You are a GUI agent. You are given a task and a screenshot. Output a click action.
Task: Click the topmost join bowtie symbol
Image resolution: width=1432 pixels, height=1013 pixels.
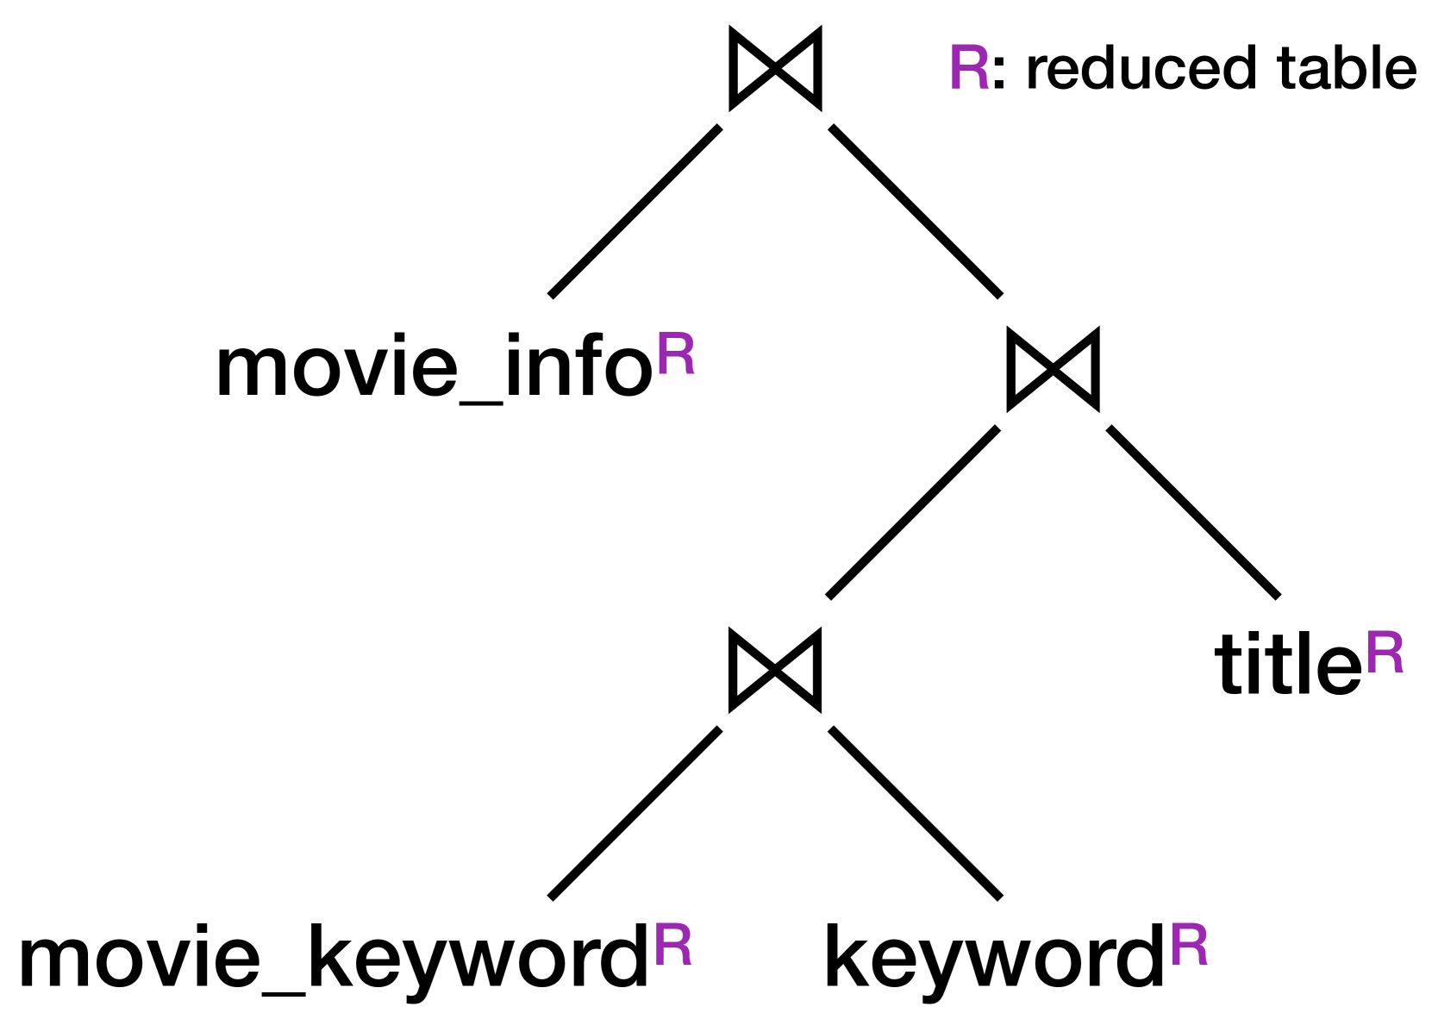(x=775, y=68)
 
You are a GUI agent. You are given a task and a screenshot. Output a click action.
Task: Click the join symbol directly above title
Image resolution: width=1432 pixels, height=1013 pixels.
(x=1053, y=369)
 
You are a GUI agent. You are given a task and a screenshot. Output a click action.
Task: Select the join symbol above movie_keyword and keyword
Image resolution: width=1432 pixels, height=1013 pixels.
(x=775, y=670)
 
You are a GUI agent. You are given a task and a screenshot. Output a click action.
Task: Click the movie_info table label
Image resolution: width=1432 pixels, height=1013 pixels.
(x=435, y=369)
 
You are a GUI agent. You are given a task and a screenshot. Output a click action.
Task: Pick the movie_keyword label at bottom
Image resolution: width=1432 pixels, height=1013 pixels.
(x=333, y=960)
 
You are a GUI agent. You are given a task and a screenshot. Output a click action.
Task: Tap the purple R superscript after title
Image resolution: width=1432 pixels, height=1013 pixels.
(x=1385, y=653)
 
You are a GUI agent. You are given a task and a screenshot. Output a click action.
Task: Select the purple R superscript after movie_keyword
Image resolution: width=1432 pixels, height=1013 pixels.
(x=672, y=946)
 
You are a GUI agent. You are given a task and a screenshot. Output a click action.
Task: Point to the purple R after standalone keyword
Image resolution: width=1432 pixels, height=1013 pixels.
(x=1189, y=946)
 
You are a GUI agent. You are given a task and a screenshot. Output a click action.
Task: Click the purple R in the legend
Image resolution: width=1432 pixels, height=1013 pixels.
(x=968, y=68)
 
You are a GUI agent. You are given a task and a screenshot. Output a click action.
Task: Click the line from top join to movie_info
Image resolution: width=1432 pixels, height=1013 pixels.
(x=635, y=211)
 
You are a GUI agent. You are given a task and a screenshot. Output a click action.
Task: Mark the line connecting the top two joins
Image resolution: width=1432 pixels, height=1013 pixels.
(x=915, y=211)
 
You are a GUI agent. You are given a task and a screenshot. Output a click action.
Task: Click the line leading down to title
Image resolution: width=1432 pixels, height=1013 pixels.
(x=1193, y=511)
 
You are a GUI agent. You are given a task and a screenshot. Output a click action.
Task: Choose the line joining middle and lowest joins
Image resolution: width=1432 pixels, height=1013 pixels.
(x=913, y=511)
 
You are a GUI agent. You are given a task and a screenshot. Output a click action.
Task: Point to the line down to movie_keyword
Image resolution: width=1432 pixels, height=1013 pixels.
(x=635, y=813)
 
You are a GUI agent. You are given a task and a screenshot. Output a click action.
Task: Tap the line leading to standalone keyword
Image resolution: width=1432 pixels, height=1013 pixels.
(x=915, y=813)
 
